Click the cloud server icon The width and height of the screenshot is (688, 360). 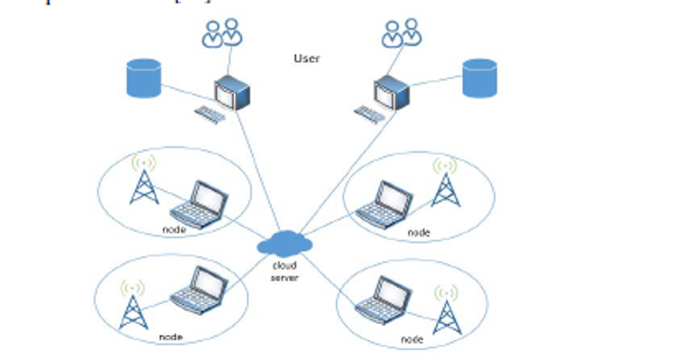(285, 243)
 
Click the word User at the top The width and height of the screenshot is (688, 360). (307, 58)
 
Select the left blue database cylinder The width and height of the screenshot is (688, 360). (143, 78)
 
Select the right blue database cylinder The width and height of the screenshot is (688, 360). (479, 78)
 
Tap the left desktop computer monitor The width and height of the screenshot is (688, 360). (231, 93)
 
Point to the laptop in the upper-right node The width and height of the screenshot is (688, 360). (385, 203)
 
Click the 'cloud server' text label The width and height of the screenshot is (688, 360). (285, 271)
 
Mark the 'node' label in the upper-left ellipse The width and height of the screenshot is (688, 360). (174, 229)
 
